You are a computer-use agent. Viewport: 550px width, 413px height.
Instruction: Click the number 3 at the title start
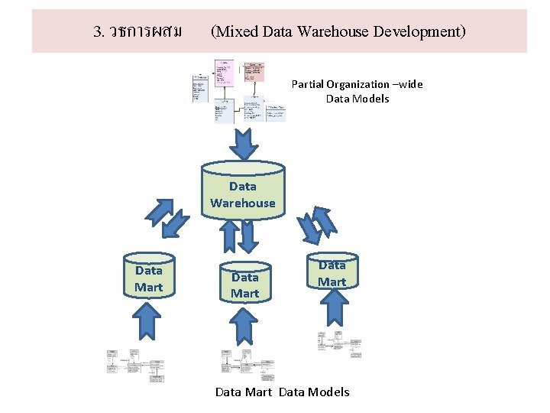click(x=97, y=31)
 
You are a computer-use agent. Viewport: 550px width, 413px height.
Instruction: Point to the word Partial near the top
click(x=308, y=84)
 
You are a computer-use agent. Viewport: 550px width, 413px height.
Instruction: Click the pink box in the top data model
click(x=254, y=71)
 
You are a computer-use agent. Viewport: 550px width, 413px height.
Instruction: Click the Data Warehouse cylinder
click(x=243, y=191)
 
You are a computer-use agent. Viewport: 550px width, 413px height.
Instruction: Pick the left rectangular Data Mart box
click(x=149, y=278)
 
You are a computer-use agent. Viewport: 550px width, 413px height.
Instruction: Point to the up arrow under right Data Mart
click(x=332, y=309)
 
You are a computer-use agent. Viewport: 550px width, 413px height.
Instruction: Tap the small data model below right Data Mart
click(x=338, y=344)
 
